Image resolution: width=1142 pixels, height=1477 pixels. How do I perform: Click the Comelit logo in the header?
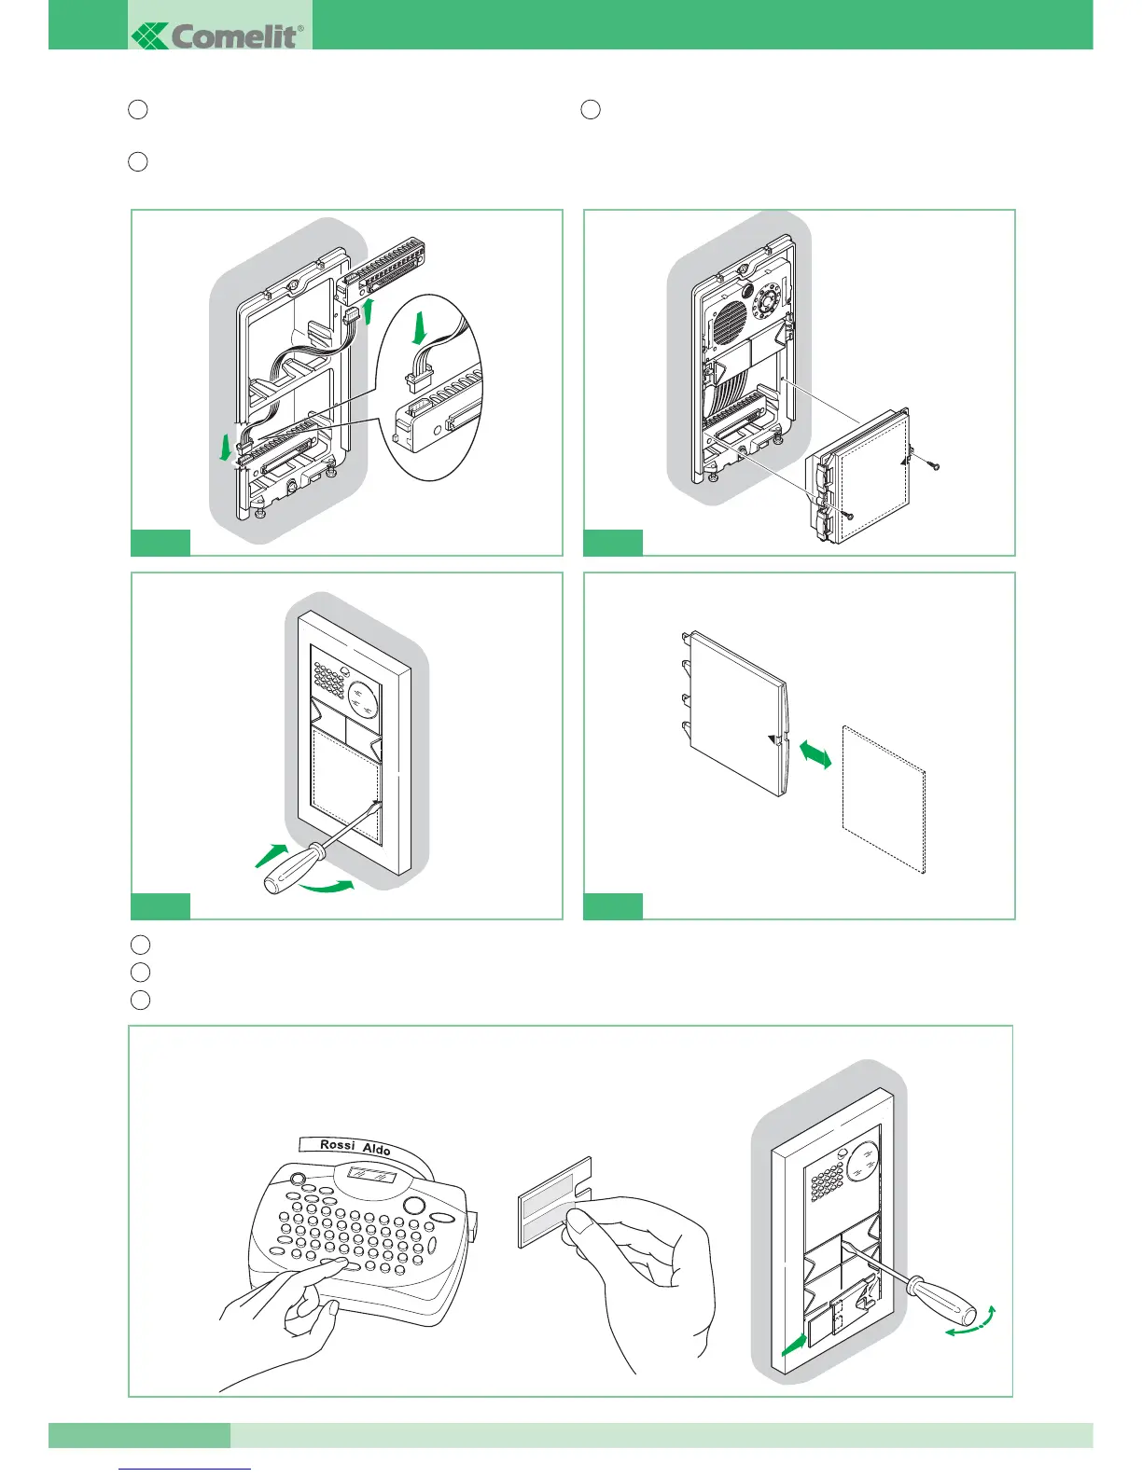point(220,35)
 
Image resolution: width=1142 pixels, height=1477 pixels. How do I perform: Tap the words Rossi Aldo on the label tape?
point(355,1146)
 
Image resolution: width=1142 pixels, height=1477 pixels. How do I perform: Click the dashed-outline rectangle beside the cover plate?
point(883,799)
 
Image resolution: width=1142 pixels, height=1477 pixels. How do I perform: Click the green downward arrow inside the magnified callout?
point(419,328)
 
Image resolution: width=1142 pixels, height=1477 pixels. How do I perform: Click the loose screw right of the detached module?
point(934,463)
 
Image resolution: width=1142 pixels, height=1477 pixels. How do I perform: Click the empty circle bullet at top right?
point(590,109)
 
